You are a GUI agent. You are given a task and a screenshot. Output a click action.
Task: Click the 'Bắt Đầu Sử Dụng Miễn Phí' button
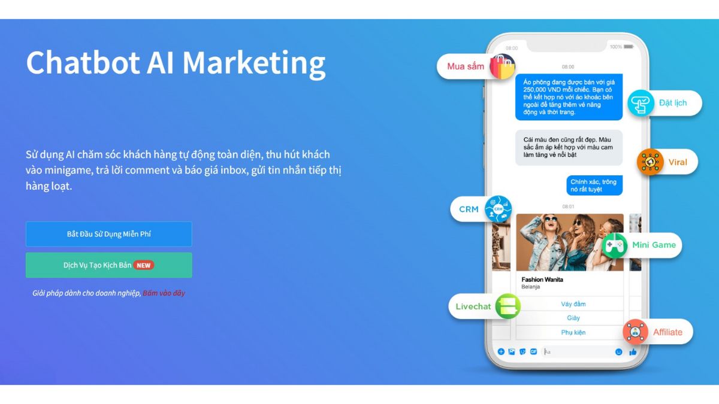[108, 234]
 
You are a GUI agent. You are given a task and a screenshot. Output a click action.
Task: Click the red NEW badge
[144, 265]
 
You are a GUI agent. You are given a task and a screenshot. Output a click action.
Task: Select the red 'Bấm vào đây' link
[164, 293]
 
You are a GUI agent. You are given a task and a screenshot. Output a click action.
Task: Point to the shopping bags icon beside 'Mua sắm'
[502, 66]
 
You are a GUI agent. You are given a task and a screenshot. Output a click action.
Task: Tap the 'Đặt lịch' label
[672, 103]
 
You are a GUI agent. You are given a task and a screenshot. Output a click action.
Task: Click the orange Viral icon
[649, 162]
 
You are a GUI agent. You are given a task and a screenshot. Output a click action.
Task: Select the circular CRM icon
[498, 209]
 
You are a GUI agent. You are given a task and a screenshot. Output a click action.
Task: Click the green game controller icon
[614, 245]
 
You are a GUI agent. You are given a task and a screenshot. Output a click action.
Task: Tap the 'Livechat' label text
[473, 306]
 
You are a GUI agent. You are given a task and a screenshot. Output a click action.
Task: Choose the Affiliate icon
[635, 332]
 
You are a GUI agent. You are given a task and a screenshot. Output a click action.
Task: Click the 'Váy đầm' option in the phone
[573, 304]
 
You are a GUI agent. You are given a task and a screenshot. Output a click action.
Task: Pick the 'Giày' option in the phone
[573, 318]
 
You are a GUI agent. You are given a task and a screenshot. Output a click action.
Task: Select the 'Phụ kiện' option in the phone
[573, 332]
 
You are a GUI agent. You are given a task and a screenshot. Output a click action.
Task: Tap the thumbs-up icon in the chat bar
[633, 352]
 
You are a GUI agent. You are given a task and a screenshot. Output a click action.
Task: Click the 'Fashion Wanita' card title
[542, 280]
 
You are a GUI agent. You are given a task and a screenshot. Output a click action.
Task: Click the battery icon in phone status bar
[629, 47]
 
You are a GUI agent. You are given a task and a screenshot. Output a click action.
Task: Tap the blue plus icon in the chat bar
[501, 352]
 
